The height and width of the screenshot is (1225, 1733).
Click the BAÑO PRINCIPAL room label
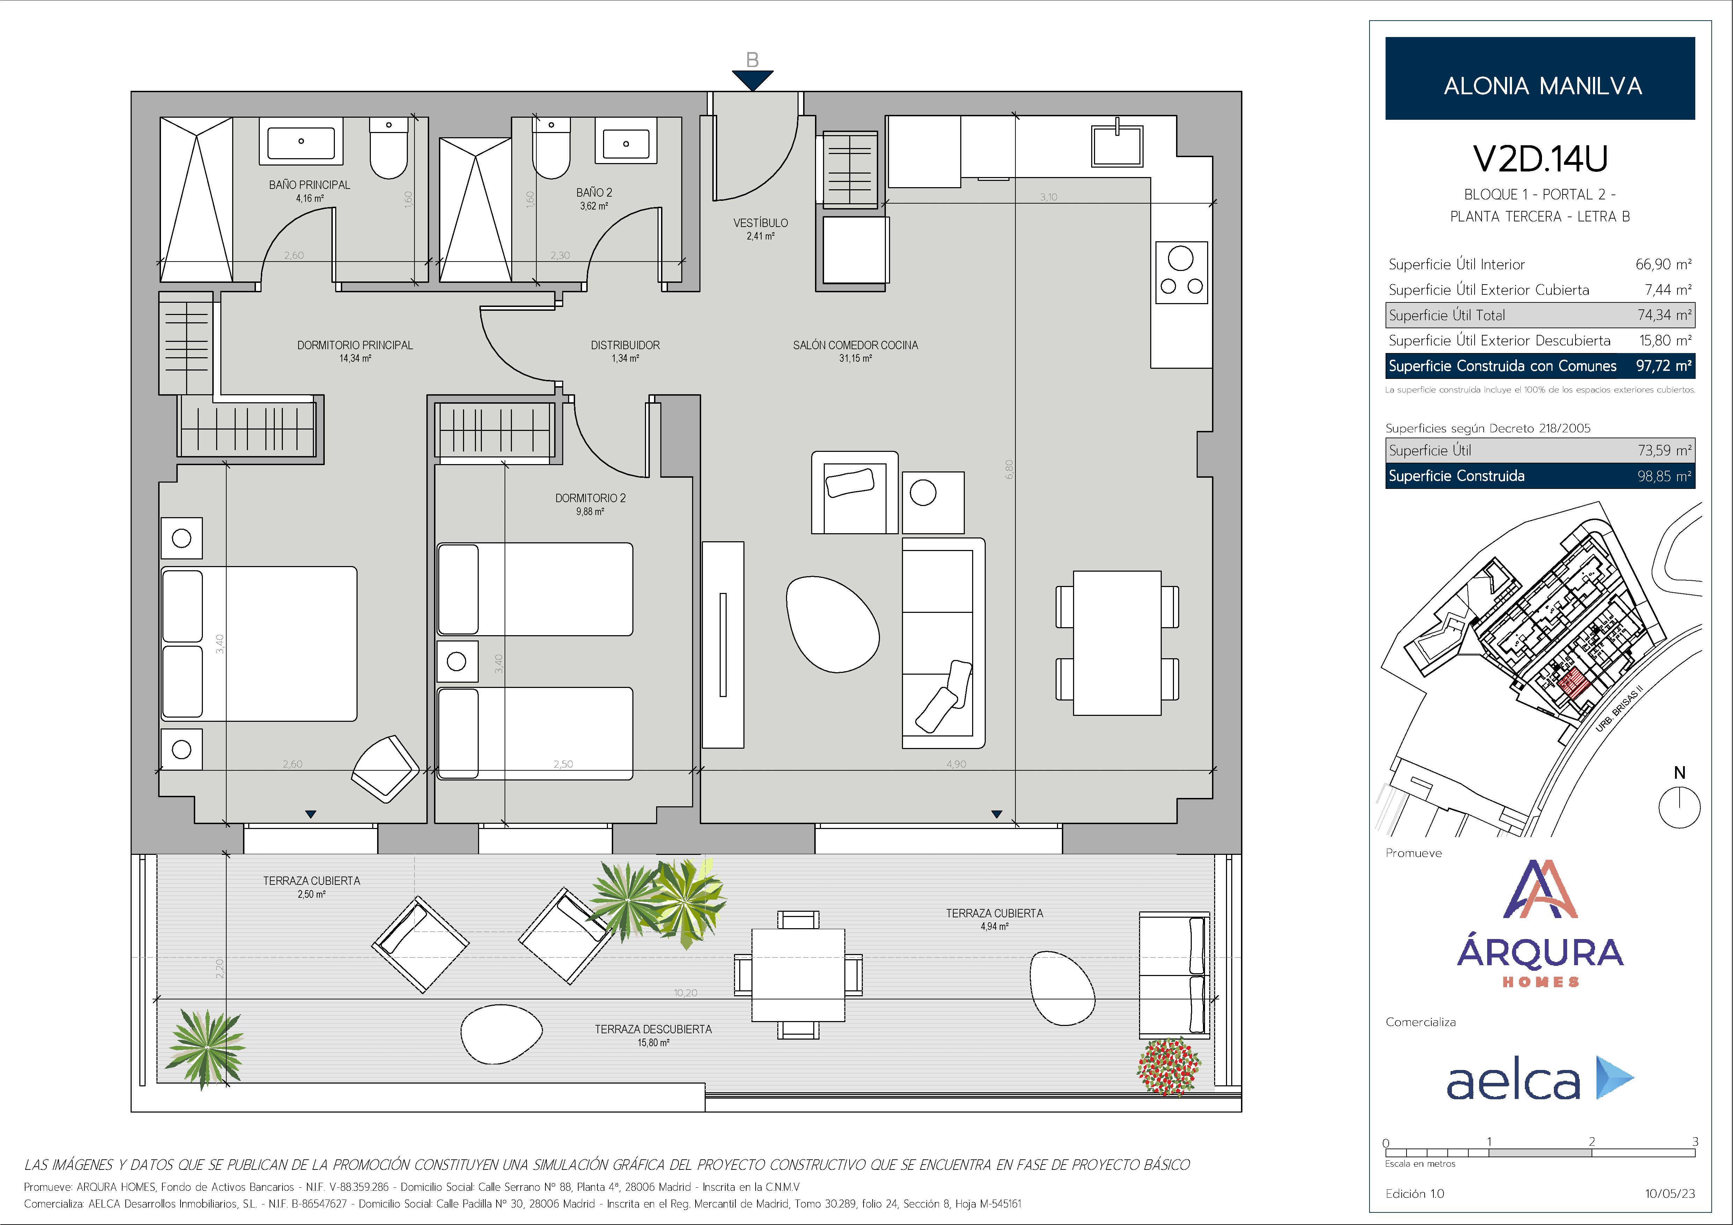click(x=309, y=185)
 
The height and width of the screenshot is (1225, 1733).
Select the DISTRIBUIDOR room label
click(x=625, y=345)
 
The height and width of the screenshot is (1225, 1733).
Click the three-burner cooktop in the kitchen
click(x=1181, y=272)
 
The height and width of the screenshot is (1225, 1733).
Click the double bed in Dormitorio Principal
click(x=259, y=644)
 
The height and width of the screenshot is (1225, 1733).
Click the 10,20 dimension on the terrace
click(x=685, y=992)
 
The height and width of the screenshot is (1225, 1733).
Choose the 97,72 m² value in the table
click(x=1664, y=366)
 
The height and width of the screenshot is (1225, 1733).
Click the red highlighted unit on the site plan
click(x=1574, y=683)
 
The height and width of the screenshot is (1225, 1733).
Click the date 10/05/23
click(x=1669, y=1193)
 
